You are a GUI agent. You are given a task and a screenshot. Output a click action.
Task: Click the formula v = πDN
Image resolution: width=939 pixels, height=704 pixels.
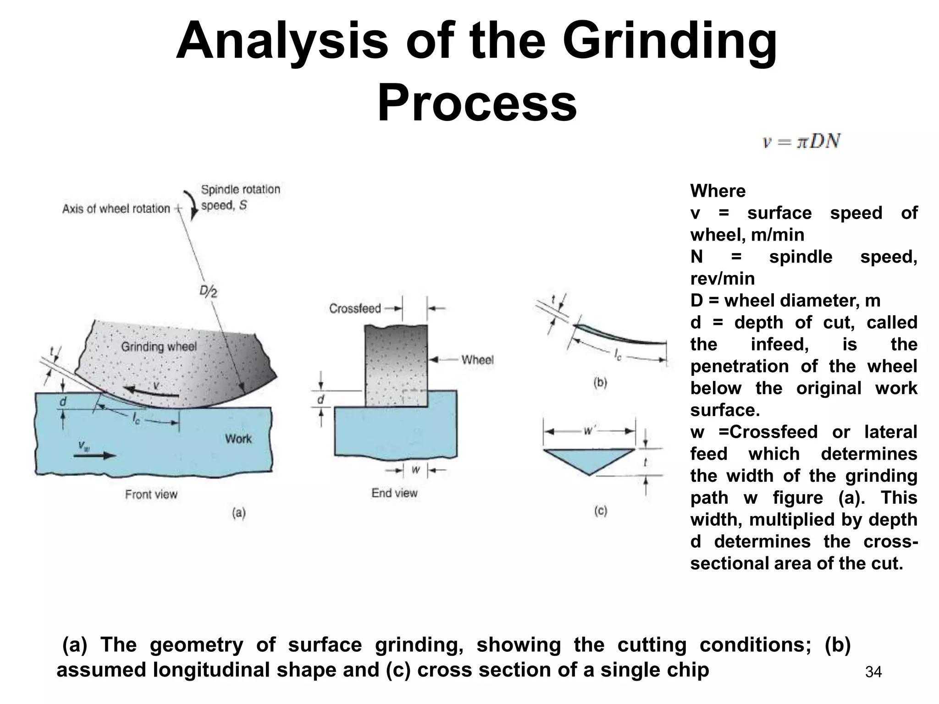click(801, 141)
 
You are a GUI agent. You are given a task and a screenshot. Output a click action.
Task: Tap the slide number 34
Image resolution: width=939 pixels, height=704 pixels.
click(873, 672)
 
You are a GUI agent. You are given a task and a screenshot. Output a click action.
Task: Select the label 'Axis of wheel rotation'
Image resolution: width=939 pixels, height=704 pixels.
click(116, 209)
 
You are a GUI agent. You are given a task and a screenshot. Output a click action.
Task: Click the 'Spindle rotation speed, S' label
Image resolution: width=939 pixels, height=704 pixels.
click(240, 198)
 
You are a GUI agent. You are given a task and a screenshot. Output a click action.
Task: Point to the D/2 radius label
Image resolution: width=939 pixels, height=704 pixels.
click(209, 291)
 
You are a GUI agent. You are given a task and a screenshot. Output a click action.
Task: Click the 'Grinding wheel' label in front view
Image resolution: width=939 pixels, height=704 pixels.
click(159, 346)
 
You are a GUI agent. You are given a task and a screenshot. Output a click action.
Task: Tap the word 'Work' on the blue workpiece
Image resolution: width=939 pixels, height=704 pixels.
click(238, 439)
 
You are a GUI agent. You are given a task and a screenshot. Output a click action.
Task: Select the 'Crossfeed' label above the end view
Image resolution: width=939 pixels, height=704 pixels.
click(355, 308)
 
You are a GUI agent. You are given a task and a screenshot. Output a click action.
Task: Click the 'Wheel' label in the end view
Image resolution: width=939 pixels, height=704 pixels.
click(477, 360)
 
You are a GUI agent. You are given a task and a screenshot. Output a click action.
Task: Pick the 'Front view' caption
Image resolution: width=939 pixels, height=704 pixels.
click(151, 495)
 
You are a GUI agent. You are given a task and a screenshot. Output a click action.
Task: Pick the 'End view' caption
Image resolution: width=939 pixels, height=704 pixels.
click(394, 493)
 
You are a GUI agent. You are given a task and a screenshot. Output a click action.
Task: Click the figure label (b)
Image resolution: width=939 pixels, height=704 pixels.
click(600, 382)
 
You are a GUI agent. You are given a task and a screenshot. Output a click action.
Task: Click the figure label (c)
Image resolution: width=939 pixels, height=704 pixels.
click(600, 511)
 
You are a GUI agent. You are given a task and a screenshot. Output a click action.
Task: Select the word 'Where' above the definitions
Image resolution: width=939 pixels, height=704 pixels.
click(718, 191)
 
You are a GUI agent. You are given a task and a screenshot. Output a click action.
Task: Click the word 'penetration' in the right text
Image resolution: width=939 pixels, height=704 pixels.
click(739, 366)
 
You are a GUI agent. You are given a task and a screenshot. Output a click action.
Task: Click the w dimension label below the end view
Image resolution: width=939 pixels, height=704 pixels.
click(415, 470)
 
